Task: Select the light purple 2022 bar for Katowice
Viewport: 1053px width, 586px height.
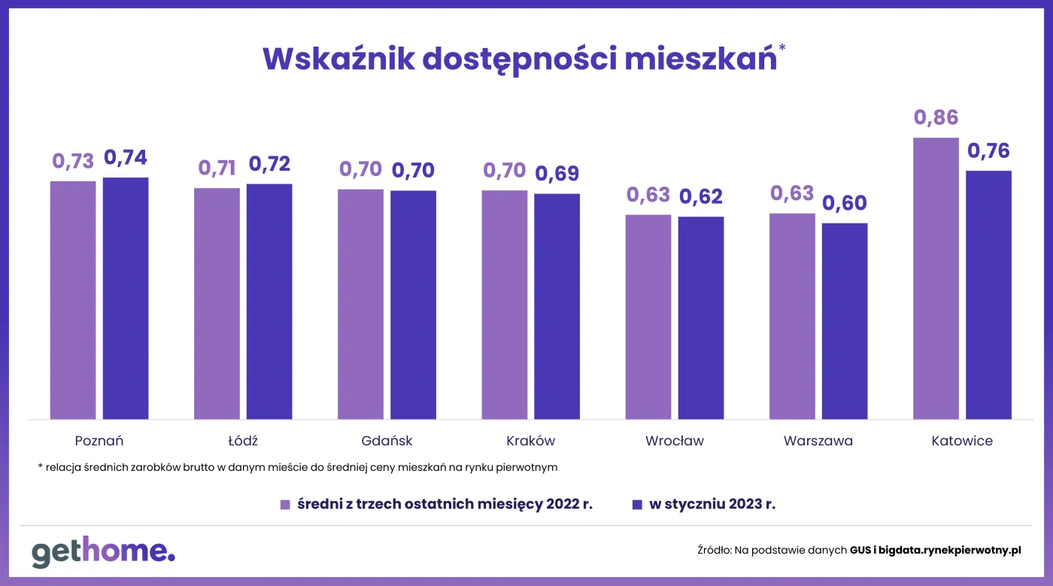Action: click(x=936, y=278)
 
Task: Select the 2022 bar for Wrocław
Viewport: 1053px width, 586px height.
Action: click(x=648, y=317)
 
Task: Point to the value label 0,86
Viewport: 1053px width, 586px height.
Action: click(x=936, y=118)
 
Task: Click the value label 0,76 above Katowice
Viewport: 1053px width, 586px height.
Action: click(x=988, y=150)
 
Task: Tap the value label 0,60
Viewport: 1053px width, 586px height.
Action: click(x=845, y=203)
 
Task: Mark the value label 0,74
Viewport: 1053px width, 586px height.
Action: click(x=126, y=158)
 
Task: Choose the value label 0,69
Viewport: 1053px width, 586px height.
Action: click(x=557, y=174)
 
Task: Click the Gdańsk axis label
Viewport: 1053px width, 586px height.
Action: click(x=387, y=441)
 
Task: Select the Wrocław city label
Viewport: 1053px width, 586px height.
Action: click(x=675, y=441)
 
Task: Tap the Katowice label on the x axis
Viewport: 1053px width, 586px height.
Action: click(x=962, y=441)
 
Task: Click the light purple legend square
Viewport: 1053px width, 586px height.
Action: click(x=285, y=505)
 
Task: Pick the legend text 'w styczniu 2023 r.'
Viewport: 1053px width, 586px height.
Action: click(x=712, y=504)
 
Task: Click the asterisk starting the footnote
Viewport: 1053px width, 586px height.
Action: click(x=40, y=466)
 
